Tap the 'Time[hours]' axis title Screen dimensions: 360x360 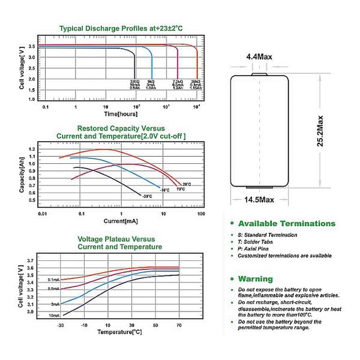point(120,113)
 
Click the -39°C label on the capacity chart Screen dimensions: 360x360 point(146,196)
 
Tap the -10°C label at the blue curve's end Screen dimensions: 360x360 point(165,190)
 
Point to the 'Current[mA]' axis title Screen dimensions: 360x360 point(121,221)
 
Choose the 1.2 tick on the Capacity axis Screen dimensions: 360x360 point(32,149)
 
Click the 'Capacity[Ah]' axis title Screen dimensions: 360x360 point(22,175)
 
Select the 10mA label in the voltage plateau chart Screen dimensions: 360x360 point(54,316)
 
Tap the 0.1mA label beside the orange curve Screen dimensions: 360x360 point(54,280)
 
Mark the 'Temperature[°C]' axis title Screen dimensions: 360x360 point(120,332)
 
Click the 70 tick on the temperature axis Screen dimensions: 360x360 point(179,325)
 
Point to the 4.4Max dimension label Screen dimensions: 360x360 point(259,57)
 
